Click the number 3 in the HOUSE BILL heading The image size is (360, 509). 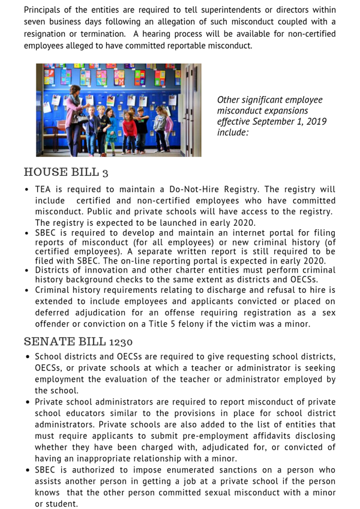(x=105, y=173)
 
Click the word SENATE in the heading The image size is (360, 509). (x=47, y=342)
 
